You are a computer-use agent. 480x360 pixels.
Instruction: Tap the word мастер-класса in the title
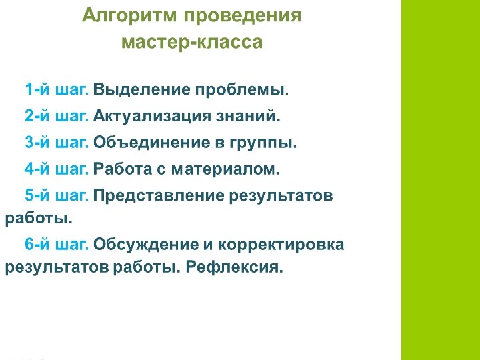pos(192,43)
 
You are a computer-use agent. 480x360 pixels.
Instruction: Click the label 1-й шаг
pos(57,89)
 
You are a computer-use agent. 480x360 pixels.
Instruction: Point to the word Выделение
pos(140,89)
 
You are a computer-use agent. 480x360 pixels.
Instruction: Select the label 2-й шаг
pos(57,116)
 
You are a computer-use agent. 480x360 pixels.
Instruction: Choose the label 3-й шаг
pos(57,143)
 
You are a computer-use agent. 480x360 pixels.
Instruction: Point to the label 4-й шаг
pos(57,169)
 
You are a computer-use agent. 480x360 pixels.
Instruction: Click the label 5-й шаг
pos(57,196)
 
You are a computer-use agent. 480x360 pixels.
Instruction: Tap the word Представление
pos(159,196)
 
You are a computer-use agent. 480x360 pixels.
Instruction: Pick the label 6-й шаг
pos(57,245)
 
